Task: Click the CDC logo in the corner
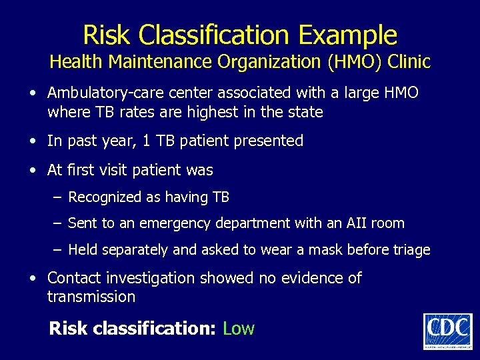[447, 330]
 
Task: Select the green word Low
[239, 328]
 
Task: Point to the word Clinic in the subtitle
[409, 62]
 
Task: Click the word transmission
[91, 297]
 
